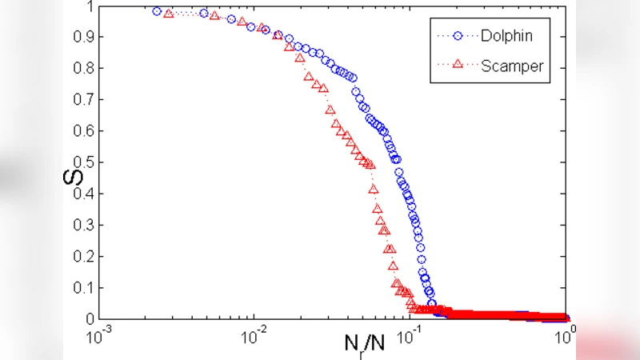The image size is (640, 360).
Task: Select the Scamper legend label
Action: (x=512, y=66)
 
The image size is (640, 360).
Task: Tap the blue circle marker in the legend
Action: (x=458, y=36)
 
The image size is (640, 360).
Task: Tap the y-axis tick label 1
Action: (x=90, y=6)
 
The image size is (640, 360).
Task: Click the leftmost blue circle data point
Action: (x=157, y=12)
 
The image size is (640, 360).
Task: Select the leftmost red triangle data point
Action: (x=169, y=14)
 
